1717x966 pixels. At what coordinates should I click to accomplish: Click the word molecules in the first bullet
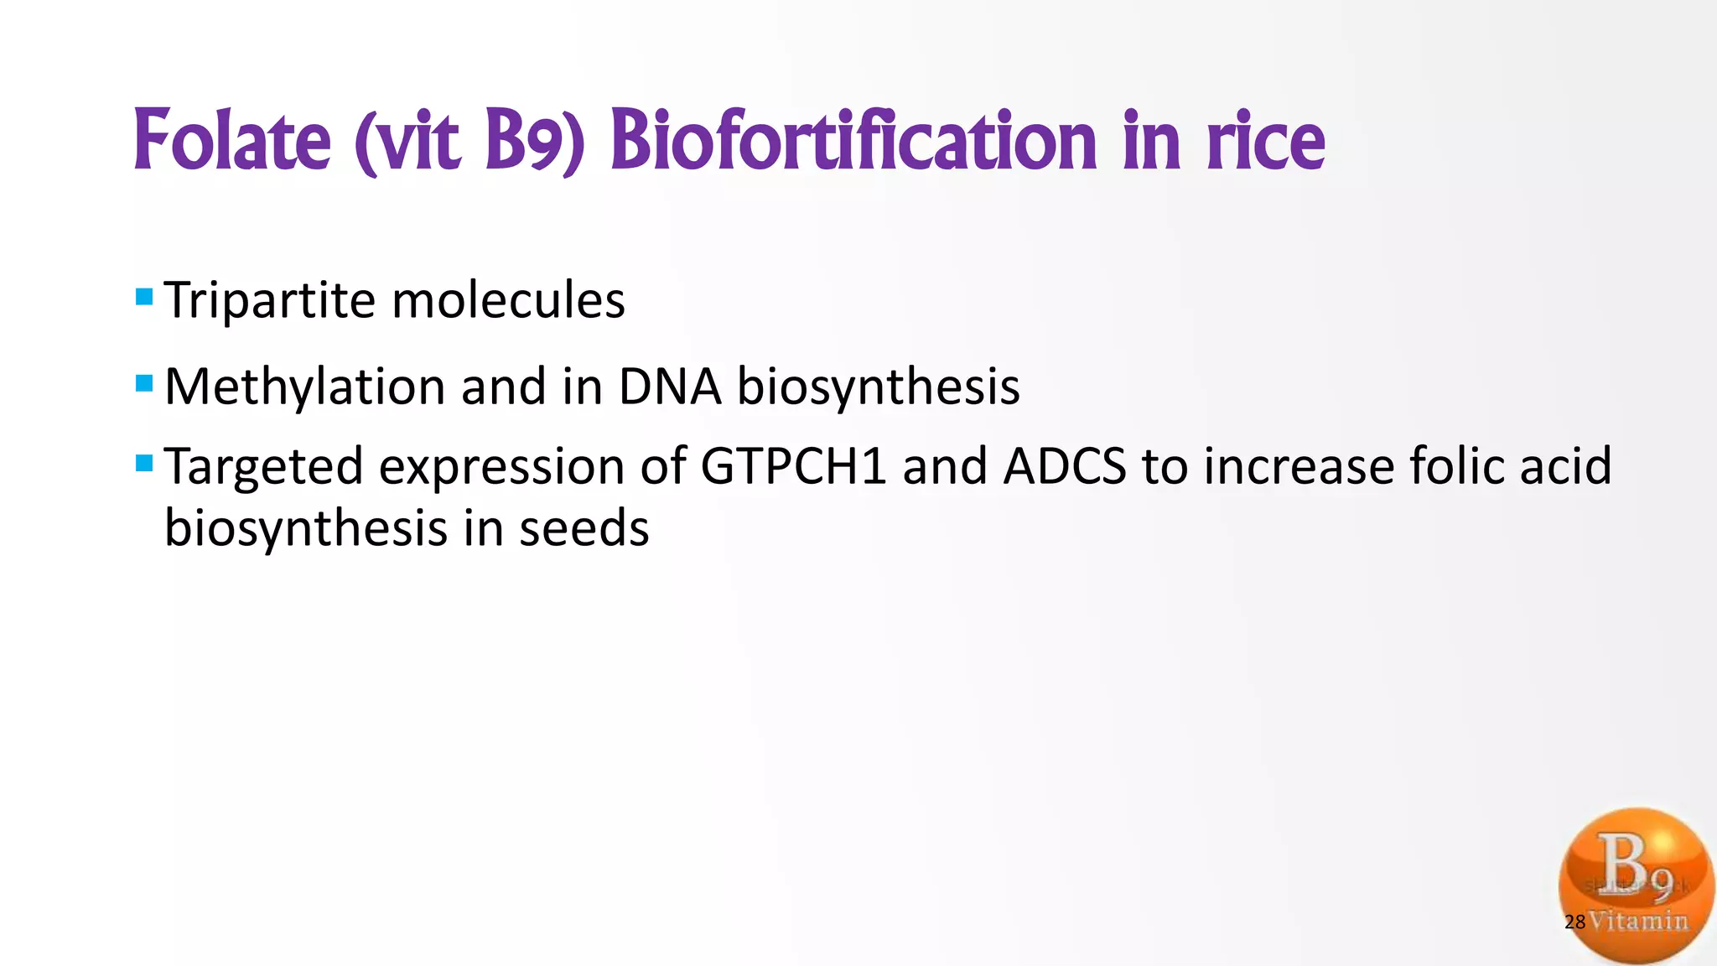point(508,300)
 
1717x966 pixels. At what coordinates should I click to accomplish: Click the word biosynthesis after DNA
point(878,388)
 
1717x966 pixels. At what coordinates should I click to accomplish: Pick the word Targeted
point(263,466)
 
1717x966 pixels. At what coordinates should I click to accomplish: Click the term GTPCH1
point(793,466)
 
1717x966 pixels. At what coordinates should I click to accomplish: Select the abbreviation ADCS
point(1065,466)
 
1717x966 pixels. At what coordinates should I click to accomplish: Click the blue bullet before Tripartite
point(144,297)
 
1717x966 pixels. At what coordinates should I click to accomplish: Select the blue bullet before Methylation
point(144,384)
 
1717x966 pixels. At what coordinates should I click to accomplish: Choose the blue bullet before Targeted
point(144,463)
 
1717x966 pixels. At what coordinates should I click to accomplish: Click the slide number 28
point(1574,922)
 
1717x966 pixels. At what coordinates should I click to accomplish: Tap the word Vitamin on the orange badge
point(1640,921)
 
